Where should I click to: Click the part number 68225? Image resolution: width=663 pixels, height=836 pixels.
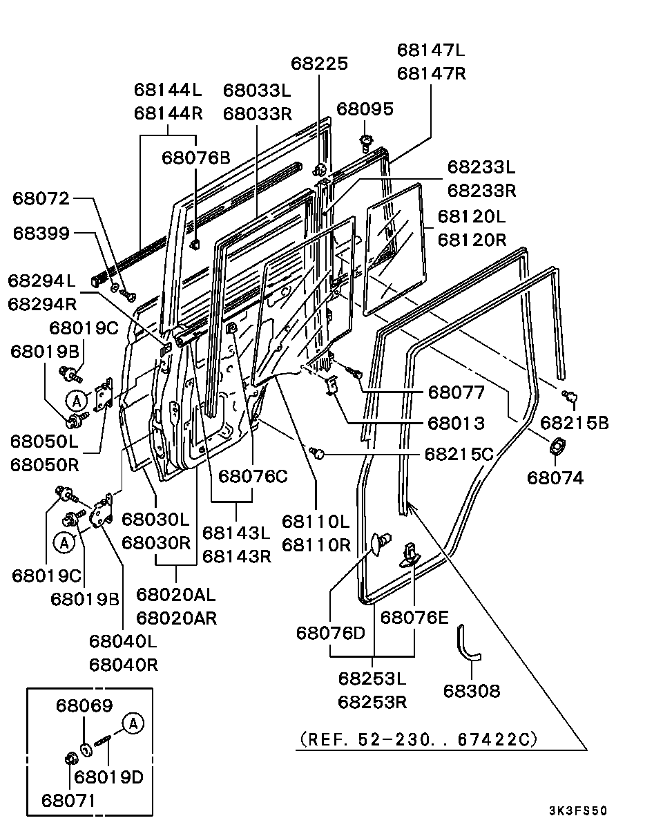pyautogui.click(x=318, y=64)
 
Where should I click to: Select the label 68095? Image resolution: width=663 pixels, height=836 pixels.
pyautogui.click(x=365, y=109)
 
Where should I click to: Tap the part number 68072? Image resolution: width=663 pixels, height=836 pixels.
pyautogui.click(x=41, y=199)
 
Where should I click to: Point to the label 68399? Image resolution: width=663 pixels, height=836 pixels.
pyautogui.click(x=41, y=234)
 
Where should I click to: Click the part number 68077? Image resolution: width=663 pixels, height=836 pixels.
pyautogui.click(x=457, y=392)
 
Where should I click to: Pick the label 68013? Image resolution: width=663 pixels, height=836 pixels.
pyautogui.click(x=457, y=423)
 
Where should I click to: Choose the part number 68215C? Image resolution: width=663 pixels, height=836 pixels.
pyautogui.click(x=459, y=454)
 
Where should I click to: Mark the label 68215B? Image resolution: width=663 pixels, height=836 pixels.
pyautogui.click(x=575, y=423)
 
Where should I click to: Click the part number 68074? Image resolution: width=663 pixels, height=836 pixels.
pyautogui.click(x=555, y=477)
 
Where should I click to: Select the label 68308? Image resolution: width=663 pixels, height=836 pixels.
pyautogui.click(x=472, y=691)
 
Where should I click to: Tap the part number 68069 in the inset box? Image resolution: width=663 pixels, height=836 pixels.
pyautogui.click(x=84, y=706)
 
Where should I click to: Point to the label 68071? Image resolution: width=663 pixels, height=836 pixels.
pyautogui.click(x=69, y=801)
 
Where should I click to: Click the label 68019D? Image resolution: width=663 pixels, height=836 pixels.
pyautogui.click(x=108, y=777)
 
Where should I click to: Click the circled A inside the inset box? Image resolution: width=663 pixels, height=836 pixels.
pyautogui.click(x=133, y=723)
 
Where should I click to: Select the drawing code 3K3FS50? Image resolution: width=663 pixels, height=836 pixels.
pyautogui.click(x=578, y=811)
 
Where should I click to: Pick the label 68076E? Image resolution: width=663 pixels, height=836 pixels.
pyautogui.click(x=414, y=617)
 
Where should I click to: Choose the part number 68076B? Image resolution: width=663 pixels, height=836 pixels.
pyautogui.click(x=196, y=158)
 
